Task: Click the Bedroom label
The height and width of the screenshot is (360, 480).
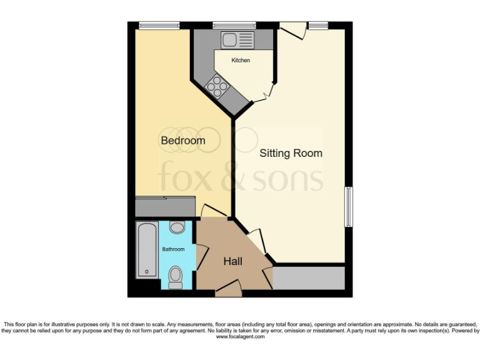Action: point(182,141)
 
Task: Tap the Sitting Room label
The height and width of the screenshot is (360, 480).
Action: point(291,153)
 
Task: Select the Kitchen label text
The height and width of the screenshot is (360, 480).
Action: point(241,61)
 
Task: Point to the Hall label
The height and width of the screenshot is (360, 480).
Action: point(232,262)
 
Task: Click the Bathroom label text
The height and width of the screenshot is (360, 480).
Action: point(173,249)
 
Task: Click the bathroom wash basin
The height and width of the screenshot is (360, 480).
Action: point(177,227)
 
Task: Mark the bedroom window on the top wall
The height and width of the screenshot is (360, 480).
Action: point(159,26)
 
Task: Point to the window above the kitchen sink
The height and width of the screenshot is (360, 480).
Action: point(229,26)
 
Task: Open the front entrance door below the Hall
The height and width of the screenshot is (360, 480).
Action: point(228,287)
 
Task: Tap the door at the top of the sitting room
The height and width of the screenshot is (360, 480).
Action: point(292,29)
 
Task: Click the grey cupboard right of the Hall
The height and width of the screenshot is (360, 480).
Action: point(309,278)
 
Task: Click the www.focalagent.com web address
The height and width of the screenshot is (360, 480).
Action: point(240,337)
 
